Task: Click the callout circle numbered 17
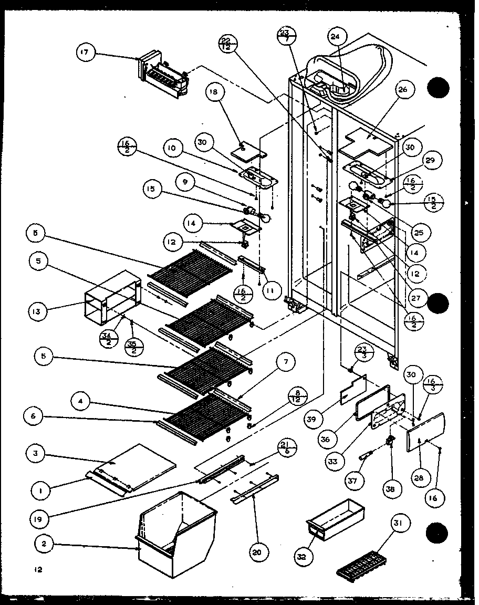pyautogui.click(x=85, y=53)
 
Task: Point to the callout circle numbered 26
pyautogui.click(x=403, y=89)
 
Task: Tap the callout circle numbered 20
pyautogui.click(x=260, y=551)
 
